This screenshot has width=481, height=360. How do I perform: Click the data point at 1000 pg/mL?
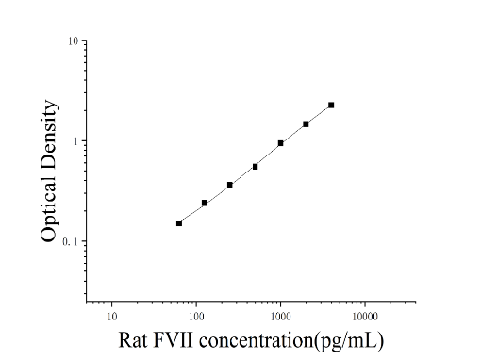point(280,143)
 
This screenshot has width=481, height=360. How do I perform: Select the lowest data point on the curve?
point(179,223)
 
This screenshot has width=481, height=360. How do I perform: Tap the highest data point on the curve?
point(331,105)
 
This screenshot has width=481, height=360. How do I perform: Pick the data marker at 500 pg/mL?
point(255,167)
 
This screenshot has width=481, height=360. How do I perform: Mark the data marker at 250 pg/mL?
point(230,185)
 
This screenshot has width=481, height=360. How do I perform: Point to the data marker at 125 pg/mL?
point(205,203)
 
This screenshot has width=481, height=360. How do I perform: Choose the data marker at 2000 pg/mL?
point(306,124)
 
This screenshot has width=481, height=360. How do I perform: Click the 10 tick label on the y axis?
point(73,41)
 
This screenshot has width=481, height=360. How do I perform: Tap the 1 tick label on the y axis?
point(75,141)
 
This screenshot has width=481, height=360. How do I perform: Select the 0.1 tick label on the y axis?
point(70,242)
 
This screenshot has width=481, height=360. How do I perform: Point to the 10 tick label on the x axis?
point(112,317)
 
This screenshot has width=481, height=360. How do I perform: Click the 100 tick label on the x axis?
point(196,317)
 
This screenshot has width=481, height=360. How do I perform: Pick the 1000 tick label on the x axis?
point(281,317)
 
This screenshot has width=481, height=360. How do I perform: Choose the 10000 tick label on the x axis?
point(365,317)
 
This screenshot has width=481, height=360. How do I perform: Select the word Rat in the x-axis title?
point(133,340)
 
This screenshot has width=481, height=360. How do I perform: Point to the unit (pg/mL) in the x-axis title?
point(349,341)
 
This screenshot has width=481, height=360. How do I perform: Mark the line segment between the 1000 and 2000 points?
point(293,134)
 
